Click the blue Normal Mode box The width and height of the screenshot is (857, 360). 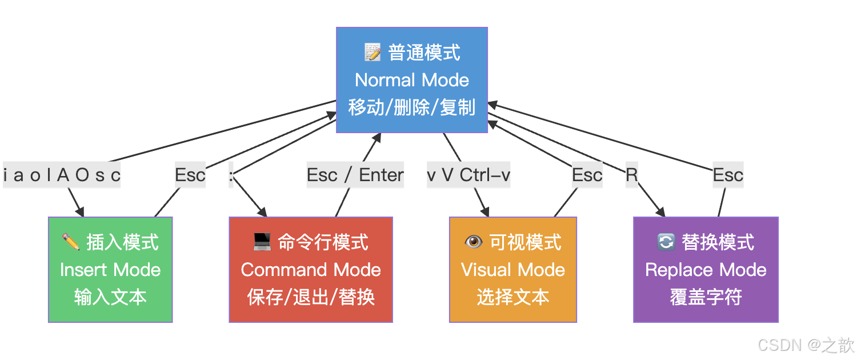point(411,80)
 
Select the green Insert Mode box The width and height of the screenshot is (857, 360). point(110,270)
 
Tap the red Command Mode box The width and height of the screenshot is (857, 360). point(311,270)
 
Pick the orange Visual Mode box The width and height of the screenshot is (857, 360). point(513,270)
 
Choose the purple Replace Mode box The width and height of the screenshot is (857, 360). point(706,270)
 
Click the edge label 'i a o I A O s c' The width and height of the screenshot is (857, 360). point(62,175)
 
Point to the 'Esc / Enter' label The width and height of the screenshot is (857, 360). point(355,175)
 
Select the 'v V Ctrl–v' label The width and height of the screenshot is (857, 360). point(468,175)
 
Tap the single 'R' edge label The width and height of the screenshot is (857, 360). point(631,175)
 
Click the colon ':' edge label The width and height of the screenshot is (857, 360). point(231,175)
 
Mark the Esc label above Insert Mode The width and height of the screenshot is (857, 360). point(190,175)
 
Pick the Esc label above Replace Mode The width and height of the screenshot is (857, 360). point(728,175)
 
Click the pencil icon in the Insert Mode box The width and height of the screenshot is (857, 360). point(71,242)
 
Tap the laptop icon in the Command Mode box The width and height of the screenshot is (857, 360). point(262,242)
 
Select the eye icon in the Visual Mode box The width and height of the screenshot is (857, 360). point(474,242)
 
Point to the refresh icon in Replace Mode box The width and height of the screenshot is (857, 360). point(666,242)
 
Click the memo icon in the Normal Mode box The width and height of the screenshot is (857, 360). point(373,53)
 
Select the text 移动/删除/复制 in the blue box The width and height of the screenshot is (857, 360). point(411,107)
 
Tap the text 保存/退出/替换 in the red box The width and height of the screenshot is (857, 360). point(311,297)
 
